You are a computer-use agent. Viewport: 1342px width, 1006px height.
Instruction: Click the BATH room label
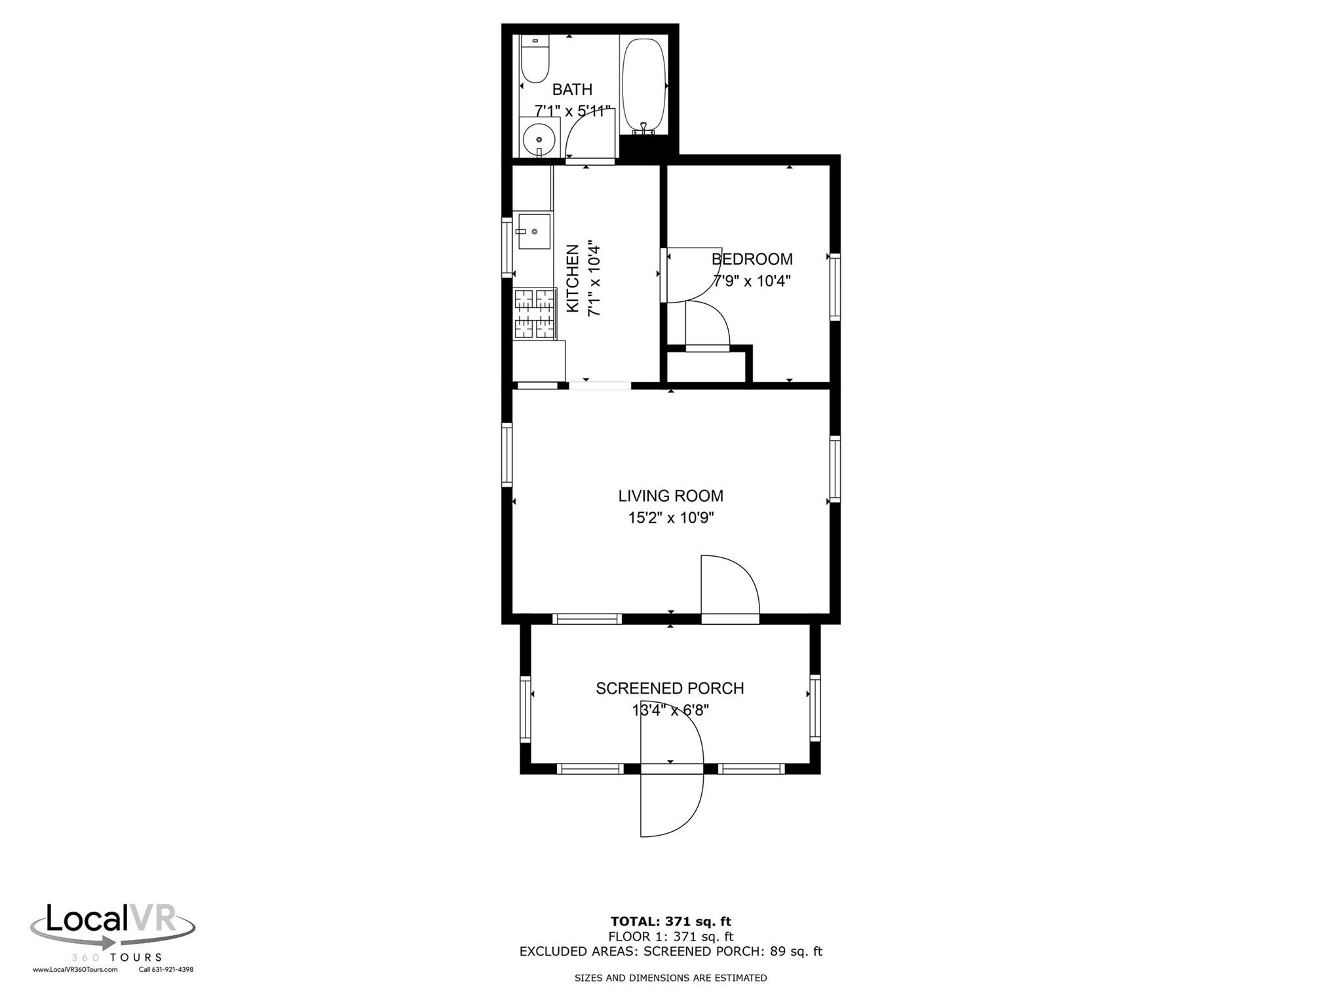(572, 89)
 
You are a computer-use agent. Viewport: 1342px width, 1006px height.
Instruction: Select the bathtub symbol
(643, 86)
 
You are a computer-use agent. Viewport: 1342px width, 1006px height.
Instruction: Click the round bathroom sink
(539, 140)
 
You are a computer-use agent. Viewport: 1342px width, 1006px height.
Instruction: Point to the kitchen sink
(533, 231)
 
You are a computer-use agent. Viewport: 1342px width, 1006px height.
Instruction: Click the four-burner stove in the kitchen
(534, 314)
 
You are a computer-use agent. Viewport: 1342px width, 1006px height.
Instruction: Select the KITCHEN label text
(573, 278)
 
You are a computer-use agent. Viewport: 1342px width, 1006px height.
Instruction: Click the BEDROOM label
(752, 259)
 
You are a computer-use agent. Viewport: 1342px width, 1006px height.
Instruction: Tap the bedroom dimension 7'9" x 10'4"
(752, 282)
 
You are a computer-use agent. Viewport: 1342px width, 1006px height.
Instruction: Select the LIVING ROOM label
(670, 496)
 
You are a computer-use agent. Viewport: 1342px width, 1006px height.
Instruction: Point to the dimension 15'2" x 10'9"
(670, 518)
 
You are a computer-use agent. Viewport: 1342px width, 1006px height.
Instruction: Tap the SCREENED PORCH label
(669, 688)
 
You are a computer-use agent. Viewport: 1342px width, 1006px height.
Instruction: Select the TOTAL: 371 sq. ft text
(670, 922)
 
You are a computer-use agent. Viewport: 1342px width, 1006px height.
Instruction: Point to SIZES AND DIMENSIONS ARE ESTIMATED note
(670, 978)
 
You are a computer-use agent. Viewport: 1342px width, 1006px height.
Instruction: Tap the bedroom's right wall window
(834, 286)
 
